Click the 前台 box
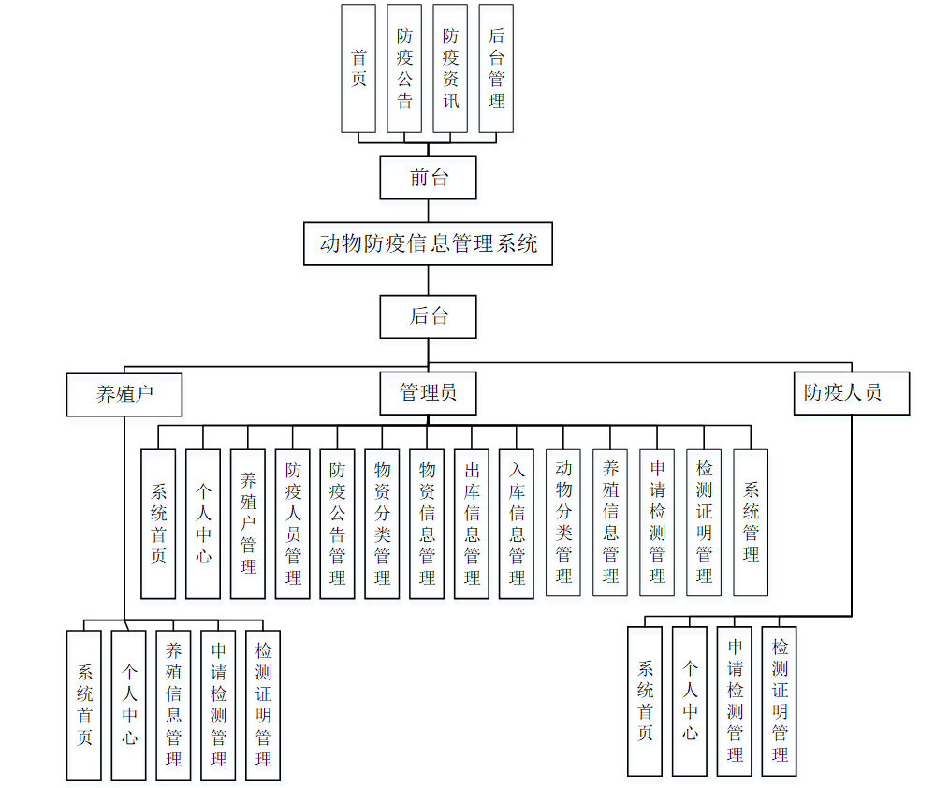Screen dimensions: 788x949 click(428, 177)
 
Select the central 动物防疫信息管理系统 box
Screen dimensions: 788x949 click(428, 244)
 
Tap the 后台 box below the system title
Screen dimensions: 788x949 click(428, 316)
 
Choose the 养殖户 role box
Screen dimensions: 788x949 click(124, 394)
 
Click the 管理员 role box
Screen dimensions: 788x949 click(428, 393)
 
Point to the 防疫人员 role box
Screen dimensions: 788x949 click(851, 393)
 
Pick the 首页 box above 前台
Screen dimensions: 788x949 click(358, 67)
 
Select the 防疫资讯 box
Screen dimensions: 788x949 click(450, 67)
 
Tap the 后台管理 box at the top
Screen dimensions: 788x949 click(496, 67)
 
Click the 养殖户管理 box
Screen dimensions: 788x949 click(248, 523)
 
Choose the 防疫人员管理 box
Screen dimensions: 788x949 click(293, 523)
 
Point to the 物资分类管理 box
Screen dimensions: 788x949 click(382, 523)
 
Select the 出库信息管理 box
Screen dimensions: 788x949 click(472, 523)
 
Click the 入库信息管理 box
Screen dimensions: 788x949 click(517, 523)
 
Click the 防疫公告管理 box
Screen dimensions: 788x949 click(337, 523)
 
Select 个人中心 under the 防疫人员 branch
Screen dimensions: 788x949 click(690, 701)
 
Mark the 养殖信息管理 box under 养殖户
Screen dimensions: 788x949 click(173, 705)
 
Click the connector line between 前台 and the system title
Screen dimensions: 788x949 click(429, 211)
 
